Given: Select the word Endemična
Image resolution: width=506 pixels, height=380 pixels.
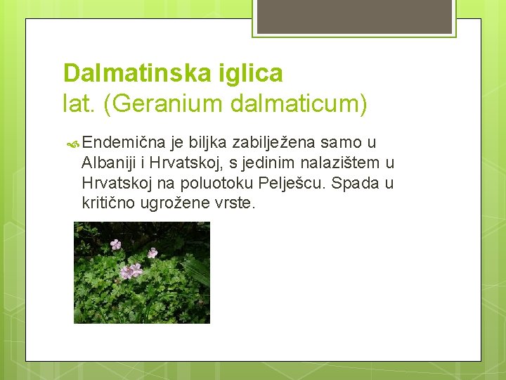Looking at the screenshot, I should [x=120, y=143].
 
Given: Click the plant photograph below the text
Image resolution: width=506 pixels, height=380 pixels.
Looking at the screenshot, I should [x=142, y=272].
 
